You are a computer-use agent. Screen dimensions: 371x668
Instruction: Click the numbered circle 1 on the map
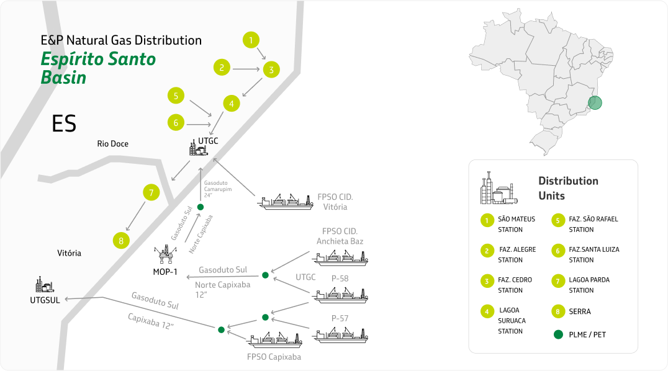pos(250,40)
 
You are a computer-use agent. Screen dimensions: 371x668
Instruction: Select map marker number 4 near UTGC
pos(232,104)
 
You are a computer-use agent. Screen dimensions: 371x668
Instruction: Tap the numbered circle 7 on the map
pos(151,192)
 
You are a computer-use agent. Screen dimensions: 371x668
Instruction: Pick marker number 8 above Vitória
pos(121,240)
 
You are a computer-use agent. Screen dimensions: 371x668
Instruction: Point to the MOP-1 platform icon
pos(166,255)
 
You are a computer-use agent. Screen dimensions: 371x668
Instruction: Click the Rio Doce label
pos(112,144)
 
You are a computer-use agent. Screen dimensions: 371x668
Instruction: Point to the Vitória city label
pos(69,253)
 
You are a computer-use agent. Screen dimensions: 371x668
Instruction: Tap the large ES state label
pos(64,124)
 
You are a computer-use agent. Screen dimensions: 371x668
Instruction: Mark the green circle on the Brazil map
pos(595,102)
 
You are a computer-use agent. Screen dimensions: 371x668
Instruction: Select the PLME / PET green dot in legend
pos(558,334)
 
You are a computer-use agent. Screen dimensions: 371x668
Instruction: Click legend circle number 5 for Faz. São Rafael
pos(558,220)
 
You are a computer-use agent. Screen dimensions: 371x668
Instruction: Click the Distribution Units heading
pos(567,188)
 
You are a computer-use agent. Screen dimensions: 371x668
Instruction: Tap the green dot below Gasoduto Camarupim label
pos(200,207)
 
